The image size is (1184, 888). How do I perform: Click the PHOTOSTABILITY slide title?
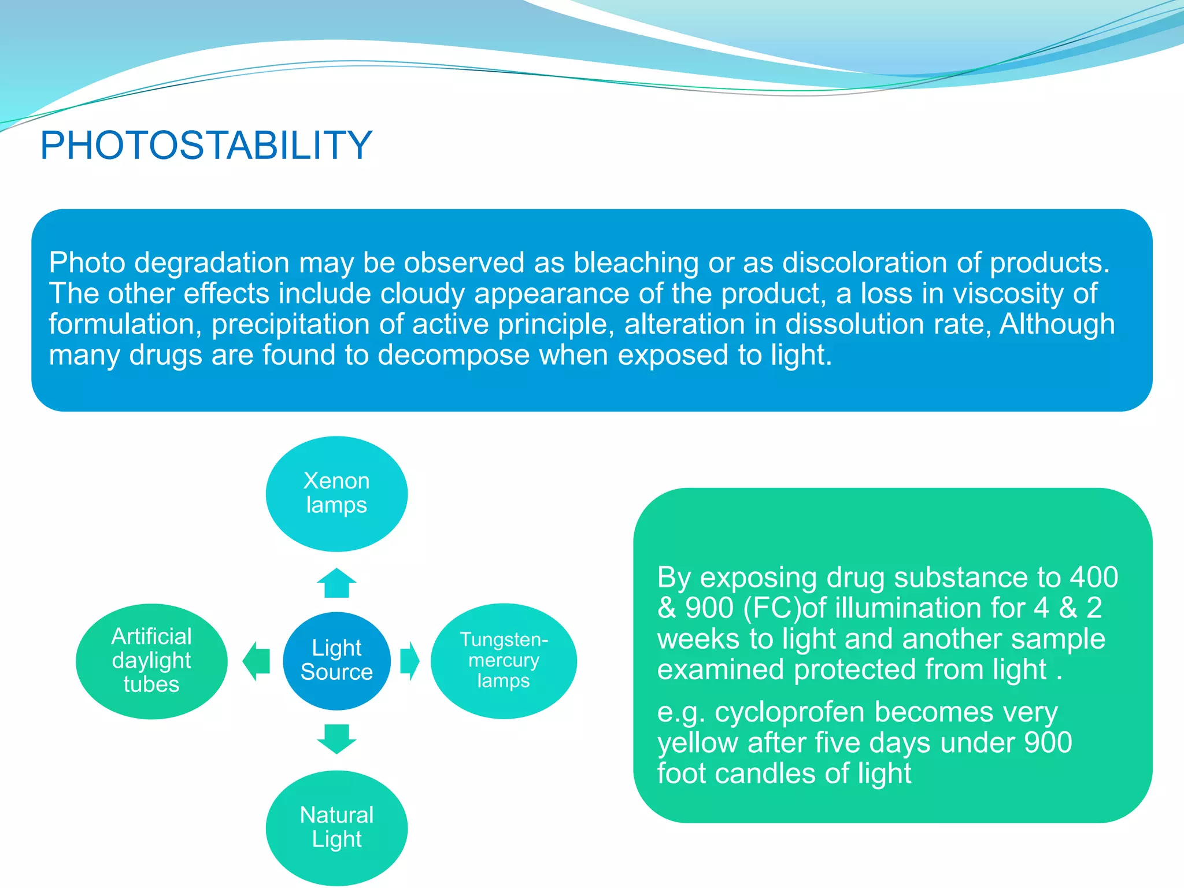pos(206,145)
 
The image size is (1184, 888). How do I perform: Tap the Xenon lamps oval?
pos(336,493)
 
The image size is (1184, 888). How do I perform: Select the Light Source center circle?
pos(336,660)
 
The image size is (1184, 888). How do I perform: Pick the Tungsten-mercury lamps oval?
pos(504,660)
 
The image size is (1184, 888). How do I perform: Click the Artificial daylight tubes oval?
pos(151,660)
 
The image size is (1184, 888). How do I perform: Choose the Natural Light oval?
pos(336,827)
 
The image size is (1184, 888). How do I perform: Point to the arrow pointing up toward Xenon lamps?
pos(336,583)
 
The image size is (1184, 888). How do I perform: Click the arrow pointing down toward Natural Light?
pos(336,738)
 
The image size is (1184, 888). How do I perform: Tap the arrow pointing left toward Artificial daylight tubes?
pos(257,660)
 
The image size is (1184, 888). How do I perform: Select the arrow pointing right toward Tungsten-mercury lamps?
pos(409,660)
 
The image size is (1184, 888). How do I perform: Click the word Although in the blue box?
pos(1057,324)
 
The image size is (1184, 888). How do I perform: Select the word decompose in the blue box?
pos(453,355)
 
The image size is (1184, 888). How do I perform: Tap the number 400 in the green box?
pos(1094,578)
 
